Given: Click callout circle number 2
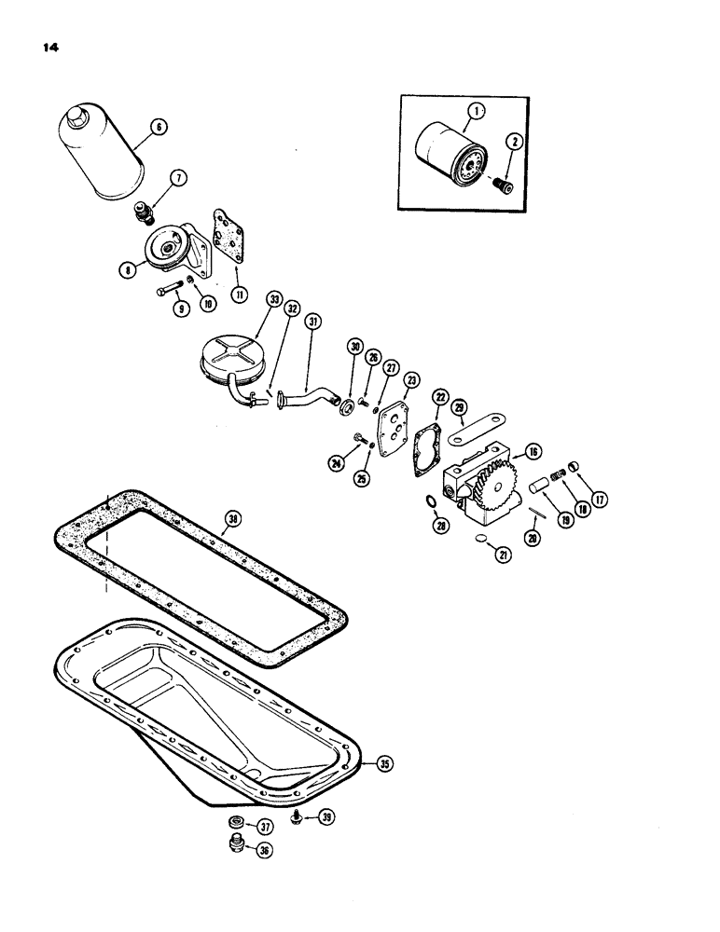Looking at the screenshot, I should tap(512, 142).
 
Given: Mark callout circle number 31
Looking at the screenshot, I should tap(312, 322).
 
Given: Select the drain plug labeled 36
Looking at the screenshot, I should tap(236, 847).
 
